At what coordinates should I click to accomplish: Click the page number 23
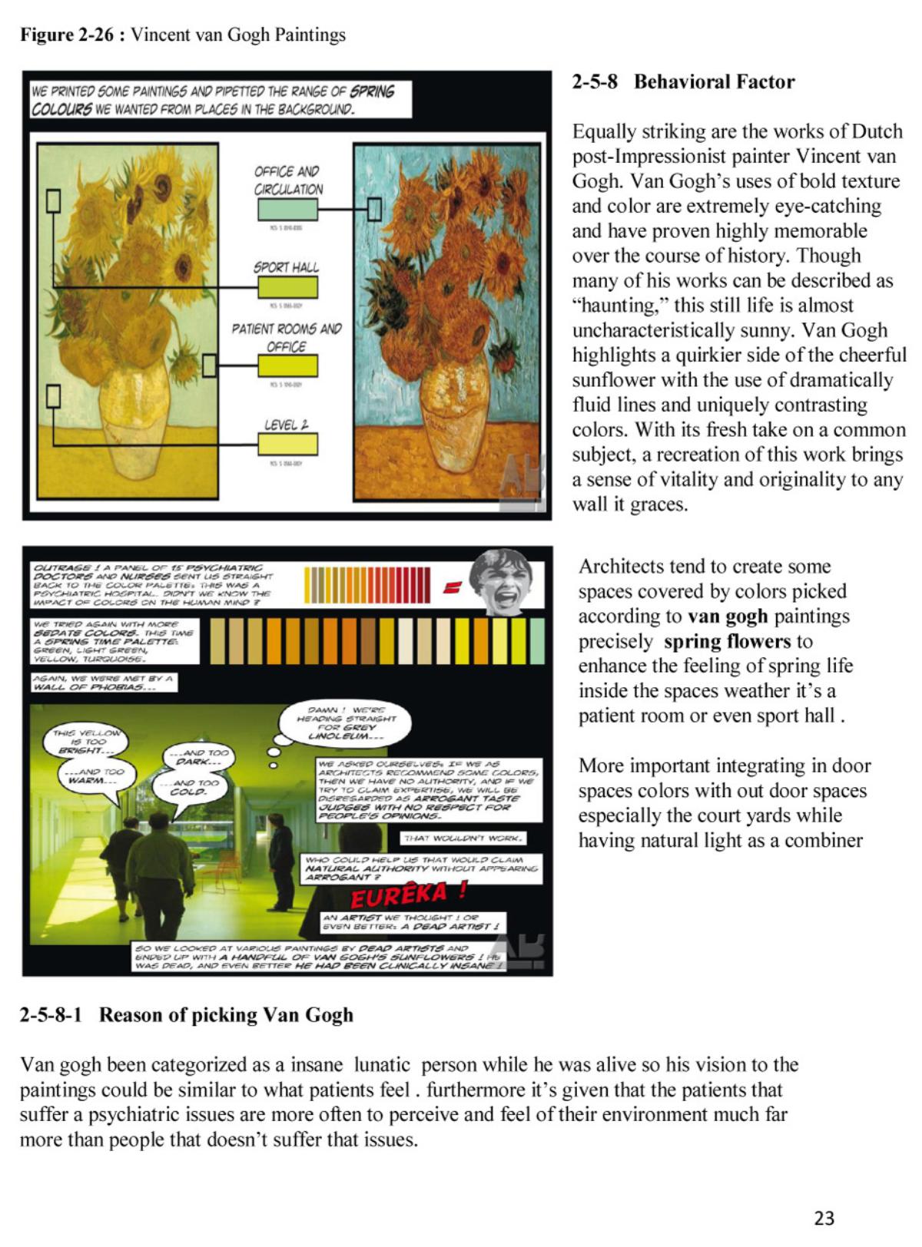tap(824, 1218)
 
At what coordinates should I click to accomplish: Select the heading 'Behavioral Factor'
tap(714, 81)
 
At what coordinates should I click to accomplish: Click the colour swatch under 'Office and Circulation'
tap(287, 209)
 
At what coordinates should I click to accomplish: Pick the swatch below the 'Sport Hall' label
tap(287, 287)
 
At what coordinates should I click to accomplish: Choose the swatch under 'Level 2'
tap(287, 444)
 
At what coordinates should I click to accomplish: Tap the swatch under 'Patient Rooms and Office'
tap(287, 365)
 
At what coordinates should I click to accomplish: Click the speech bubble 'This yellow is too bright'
tap(86, 742)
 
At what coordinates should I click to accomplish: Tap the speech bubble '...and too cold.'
tap(187, 788)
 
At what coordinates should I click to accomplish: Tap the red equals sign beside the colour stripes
tap(452, 587)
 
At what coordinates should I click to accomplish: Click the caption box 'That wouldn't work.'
tap(463, 838)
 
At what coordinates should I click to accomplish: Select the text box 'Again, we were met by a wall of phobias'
tap(104, 683)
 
